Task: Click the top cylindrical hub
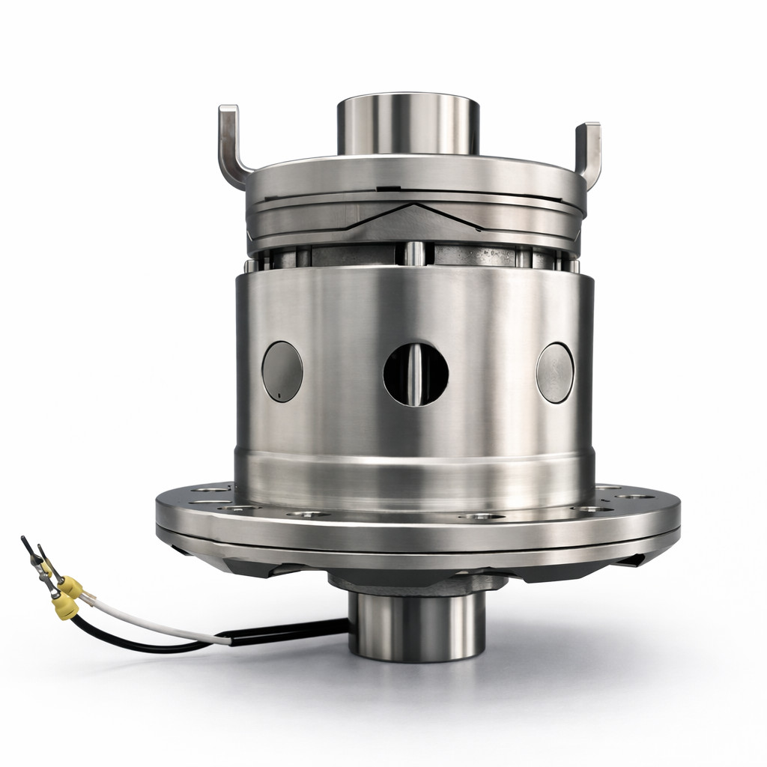tap(407, 124)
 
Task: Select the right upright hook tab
tap(590, 150)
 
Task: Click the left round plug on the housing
tap(282, 371)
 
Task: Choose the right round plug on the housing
tap(555, 372)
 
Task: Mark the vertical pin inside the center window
tap(416, 375)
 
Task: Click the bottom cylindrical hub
tap(416, 625)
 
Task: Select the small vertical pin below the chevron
tap(411, 253)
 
